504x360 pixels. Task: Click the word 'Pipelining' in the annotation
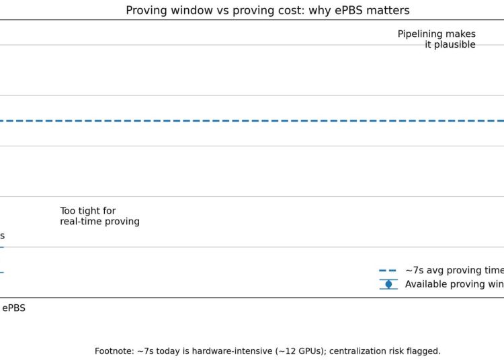(420, 34)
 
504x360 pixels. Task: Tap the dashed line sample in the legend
(388, 271)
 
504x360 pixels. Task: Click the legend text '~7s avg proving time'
(454, 271)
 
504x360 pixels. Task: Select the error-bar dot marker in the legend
(388, 284)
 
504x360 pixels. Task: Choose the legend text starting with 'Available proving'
(454, 284)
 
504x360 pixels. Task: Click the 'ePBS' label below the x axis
(13, 308)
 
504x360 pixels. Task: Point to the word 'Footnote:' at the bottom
(115, 351)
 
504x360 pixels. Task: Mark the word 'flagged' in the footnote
(421, 351)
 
